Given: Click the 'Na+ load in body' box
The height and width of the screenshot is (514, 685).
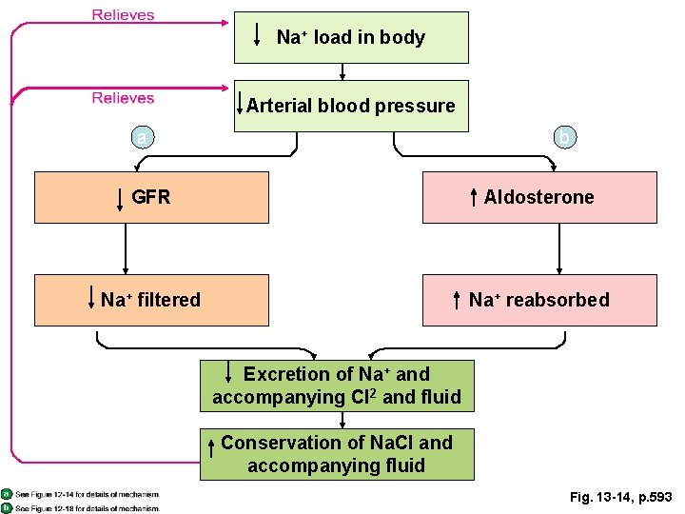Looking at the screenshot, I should click(351, 37).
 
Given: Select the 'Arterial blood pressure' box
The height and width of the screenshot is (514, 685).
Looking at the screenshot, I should click(351, 106).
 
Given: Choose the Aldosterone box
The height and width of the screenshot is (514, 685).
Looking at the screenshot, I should click(539, 197).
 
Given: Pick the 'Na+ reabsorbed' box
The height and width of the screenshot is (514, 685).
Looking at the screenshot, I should click(539, 300).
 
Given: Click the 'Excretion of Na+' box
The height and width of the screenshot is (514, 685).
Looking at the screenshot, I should click(337, 385).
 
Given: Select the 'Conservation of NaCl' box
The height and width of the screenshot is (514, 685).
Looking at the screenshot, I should click(337, 454).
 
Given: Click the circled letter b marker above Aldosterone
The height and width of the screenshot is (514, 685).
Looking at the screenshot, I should click(563, 139).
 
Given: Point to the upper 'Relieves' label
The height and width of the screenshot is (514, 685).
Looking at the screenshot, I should click(123, 15).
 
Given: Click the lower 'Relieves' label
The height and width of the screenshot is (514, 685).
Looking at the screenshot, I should click(123, 97).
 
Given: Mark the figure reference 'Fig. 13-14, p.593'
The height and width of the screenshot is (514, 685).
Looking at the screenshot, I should click(620, 497).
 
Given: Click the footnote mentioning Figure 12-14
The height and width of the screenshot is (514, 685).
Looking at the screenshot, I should click(86, 494).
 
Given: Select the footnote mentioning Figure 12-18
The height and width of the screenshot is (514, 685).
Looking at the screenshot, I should click(86, 507).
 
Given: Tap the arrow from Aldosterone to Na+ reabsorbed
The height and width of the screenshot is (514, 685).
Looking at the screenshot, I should click(558, 248).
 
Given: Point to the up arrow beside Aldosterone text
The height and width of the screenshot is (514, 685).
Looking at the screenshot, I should click(474, 198).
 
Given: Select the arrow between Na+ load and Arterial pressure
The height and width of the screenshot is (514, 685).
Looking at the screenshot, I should click(342, 71).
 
